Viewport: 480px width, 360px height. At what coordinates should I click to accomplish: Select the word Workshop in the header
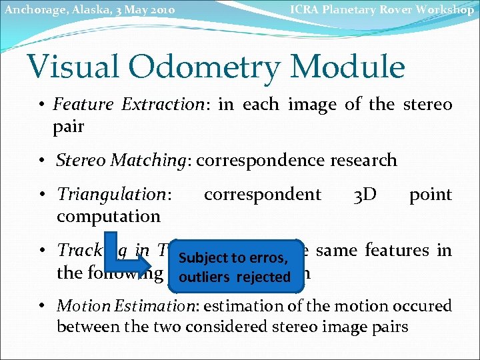(446, 9)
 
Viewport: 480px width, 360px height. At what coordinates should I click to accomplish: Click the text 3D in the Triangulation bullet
(365, 195)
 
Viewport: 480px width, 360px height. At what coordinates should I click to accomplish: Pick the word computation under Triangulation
(109, 216)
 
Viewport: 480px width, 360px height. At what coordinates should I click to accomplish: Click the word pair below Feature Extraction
(69, 126)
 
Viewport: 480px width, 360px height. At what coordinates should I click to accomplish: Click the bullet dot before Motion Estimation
(43, 306)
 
